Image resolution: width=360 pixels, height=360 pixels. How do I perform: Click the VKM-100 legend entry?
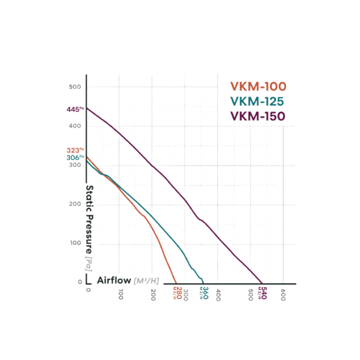[258, 86]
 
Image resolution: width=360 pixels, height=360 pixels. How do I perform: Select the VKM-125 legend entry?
[258, 102]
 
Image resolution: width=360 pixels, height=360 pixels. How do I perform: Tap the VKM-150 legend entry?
[258, 116]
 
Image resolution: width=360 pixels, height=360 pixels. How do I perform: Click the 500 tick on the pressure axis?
[75, 87]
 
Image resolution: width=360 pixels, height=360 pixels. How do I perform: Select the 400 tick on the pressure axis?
[75, 126]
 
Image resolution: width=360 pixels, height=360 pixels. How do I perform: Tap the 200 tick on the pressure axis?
[75, 204]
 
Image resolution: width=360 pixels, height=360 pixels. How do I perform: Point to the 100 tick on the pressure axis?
[75, 244]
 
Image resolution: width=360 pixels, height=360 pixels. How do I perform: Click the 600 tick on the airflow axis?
[283, 296]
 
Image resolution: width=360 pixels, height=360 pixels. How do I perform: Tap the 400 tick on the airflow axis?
[218, 296]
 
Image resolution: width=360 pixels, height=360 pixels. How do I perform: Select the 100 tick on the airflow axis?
[120, 296]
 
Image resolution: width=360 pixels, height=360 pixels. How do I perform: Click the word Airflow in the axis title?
[114, 280]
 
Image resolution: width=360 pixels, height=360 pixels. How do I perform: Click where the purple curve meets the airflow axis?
[262, 284]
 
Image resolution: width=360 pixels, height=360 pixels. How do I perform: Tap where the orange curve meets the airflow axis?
[176, 284]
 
